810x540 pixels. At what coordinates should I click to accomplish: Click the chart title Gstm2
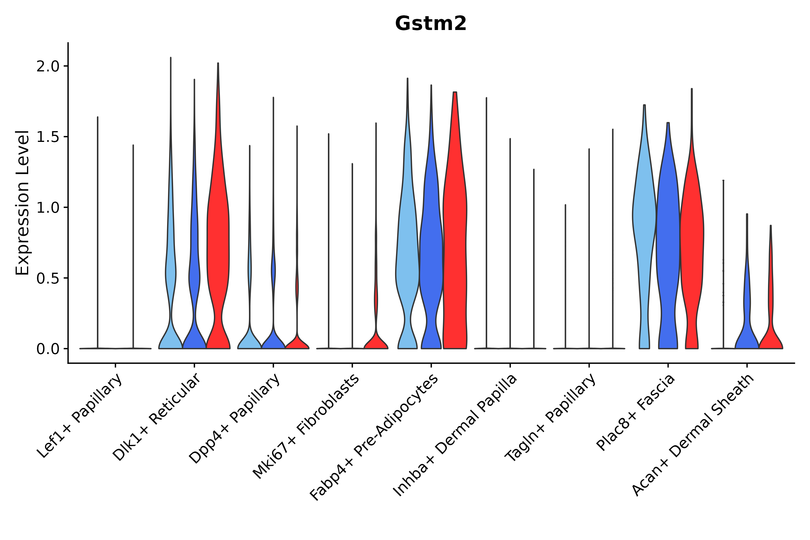click(x=430, y=24)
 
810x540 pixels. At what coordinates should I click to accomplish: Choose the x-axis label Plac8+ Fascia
click(x=636, y=412)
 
